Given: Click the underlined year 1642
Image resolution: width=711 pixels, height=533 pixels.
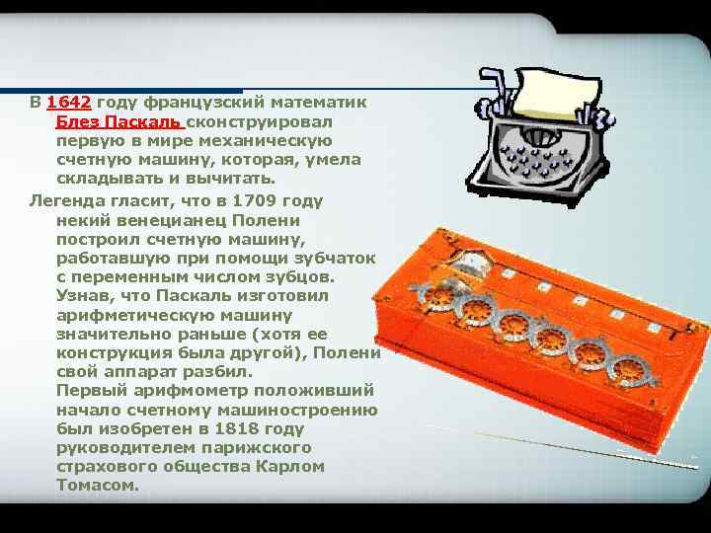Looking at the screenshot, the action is (x=69, y=102).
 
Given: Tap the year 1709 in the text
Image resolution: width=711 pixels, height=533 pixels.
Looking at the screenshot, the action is (x=254, y=200).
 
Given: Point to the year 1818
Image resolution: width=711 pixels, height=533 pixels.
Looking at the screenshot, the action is (x=237, y=428).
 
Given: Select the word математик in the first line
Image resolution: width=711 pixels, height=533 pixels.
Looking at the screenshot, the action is (x=318, y=102).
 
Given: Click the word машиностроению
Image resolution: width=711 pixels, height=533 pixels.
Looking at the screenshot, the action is (x=297, y=411).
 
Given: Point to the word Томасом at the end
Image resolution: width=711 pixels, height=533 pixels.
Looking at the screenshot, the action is (x=97, y=485).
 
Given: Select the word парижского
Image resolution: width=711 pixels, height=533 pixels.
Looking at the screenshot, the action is (x=257, y=448).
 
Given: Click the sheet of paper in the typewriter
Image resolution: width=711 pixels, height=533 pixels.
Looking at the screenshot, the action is (x=557, y=95).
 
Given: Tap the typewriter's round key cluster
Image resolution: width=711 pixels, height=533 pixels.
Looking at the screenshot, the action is (x=534, y=160).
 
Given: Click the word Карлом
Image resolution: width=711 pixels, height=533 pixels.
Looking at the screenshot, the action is (x=290, y=466).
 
